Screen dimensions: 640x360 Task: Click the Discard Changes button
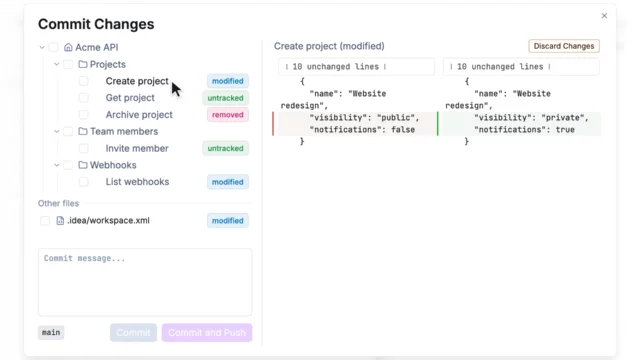click(564, 46)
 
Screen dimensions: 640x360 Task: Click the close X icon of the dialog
click(604, 16)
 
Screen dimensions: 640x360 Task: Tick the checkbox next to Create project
click(84, 81)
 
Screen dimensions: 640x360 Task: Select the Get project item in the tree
click(130, 98)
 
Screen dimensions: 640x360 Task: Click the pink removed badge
click(227, 115)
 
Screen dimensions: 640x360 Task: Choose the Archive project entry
click(139, 115)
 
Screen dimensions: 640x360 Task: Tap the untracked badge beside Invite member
click(225, 148)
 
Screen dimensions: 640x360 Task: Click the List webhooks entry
click(137, 182)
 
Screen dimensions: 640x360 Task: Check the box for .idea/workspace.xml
click(45, 221)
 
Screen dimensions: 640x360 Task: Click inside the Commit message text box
click(145, 282)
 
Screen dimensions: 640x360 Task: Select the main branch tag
click(51, 332)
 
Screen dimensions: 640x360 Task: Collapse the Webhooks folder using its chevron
click(57, 165)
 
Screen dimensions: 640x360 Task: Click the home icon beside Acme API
click(68, 47)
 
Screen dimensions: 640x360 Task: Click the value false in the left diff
click(403, 130)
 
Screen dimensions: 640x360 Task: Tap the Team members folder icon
click(83, 131)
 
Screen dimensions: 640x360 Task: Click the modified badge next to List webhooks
click(227, 182)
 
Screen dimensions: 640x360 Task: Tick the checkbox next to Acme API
click(53, 47)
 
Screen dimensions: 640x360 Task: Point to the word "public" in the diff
click(396, 118)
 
